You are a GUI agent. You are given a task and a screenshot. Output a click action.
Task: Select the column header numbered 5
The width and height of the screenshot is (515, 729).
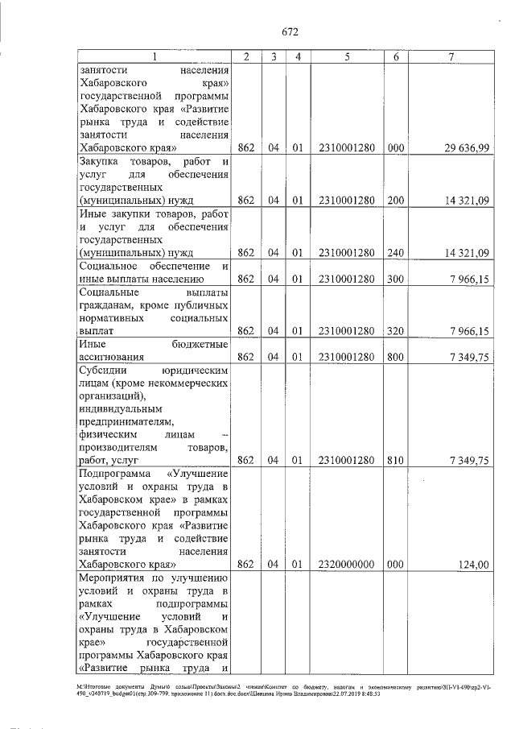coord(346,57)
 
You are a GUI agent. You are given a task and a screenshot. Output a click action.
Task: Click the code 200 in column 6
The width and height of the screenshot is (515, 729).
coord(395,201)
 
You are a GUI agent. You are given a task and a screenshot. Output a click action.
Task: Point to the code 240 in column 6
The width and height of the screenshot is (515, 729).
coord(395,253)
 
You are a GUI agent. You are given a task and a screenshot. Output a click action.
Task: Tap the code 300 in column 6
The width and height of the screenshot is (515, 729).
coord(395,279)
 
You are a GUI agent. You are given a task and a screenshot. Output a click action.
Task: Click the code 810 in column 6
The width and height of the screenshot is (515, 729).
coord(395,461)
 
